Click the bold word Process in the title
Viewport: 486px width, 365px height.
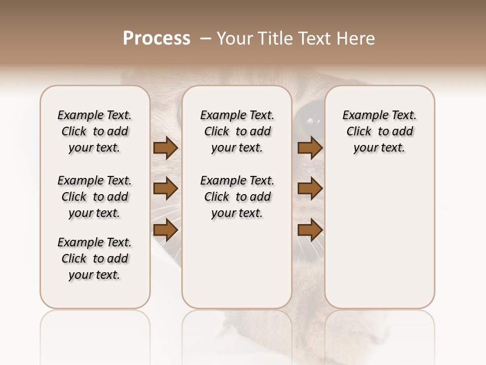point(156,39)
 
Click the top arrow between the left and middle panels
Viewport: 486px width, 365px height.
point(166,148)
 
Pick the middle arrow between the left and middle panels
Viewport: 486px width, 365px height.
point(166,189)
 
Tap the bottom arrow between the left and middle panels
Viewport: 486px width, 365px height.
point(166,230)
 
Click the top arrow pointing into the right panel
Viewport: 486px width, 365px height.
point(310,148)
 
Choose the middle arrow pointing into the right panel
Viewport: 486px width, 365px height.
point(310,189)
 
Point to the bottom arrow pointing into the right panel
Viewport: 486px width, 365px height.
point(310,230)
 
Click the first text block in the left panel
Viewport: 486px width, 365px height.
point(95,131)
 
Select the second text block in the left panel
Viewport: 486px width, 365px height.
point(95,197)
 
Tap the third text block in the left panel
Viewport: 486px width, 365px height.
point(95,259)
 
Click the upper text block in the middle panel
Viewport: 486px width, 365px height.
point(237,131)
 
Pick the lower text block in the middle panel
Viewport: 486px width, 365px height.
point(237,197)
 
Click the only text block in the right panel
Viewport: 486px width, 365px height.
point(379,131)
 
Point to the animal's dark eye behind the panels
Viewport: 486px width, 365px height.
point(309,120)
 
